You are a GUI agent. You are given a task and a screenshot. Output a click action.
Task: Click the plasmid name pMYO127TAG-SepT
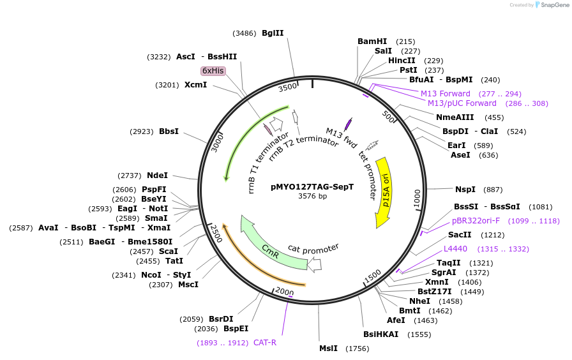312,187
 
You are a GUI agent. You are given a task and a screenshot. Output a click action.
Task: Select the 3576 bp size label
312,197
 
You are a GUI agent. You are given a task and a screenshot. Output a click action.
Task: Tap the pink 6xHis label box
213,71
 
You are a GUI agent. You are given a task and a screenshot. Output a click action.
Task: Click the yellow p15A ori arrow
384,191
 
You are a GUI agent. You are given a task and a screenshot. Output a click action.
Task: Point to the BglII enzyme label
273,33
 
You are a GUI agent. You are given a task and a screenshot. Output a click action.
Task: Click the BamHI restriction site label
372,41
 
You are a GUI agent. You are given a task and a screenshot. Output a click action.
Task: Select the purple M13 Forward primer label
445,94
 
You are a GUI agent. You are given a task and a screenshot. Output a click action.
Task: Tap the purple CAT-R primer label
265,343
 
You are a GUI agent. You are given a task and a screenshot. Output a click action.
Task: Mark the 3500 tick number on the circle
289,87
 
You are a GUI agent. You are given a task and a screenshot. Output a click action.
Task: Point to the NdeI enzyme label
158,176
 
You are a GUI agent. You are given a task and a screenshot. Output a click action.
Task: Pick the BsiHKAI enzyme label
380,334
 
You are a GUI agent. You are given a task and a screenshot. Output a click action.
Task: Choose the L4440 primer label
456,249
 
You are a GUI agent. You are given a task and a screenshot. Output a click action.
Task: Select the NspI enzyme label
465,190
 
